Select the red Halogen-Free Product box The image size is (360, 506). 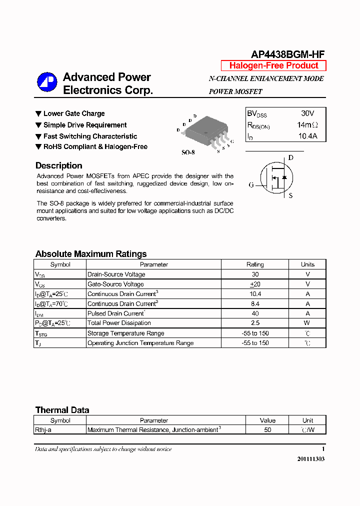tap(273, 65)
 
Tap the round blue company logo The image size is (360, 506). tap(47, 83)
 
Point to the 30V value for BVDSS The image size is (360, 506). tap(307, 113)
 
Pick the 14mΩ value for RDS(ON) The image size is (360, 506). tap(307, 125)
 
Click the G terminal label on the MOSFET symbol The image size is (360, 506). tap(251, 185)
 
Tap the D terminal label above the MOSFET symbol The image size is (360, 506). tap(290, 158)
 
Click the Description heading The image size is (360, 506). tap(58, 165)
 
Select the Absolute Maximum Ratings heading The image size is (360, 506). tap(91, 254)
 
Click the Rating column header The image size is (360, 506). tap(255, 264)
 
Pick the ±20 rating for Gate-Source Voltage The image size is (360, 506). tap(255, 284)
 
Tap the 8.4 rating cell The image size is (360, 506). tap(255, 303)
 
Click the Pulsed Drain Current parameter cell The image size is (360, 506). tap(116, 313)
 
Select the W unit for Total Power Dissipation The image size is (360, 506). tap(307, 323)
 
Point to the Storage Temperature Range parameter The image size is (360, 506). tap(125, 333)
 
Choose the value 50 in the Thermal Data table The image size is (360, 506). tap(267, 429)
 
